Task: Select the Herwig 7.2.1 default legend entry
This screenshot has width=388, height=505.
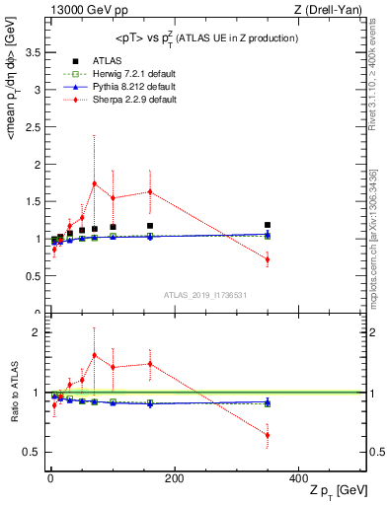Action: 123,74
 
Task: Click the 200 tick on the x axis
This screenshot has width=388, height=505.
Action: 174,478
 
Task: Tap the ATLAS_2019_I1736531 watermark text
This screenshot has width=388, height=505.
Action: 204,295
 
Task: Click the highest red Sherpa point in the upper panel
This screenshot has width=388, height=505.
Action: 94,183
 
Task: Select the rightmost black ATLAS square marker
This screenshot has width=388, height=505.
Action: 349,225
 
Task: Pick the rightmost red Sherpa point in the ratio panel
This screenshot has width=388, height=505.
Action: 349,435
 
